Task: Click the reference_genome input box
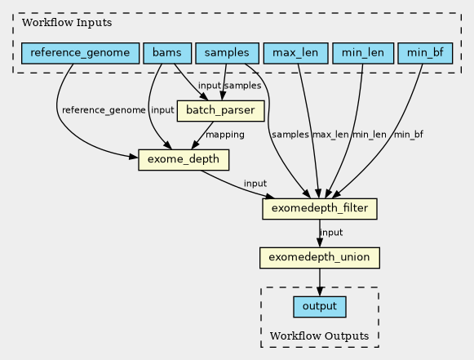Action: [x=81, y=53]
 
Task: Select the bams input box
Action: [x=167, y=53]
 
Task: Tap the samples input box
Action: [x=227, y=53]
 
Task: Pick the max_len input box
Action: [x=295, y=53]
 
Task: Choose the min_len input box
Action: [x=363, y=53]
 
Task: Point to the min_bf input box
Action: [x=425, y=53]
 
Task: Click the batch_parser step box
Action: [x=220, y=111]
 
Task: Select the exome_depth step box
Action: [x=184, y=160]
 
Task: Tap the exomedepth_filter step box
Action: [x=320, y=209]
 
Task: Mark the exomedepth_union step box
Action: [x=320, y=258]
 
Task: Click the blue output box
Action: [x=320, y=307]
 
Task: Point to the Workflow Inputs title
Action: [x=67, y=23]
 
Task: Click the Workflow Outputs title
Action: [x=319, y=336]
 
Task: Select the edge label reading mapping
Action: [x=225, y=135]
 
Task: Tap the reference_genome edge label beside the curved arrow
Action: [x=104, y=110]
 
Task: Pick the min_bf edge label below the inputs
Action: [x=409, y=135]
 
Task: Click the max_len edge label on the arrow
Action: [x=330, y=135]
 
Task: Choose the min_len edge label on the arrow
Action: [x=370, y=135]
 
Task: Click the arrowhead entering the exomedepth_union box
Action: [x=320, y=243]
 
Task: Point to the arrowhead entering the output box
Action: [x=320, y=292]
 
